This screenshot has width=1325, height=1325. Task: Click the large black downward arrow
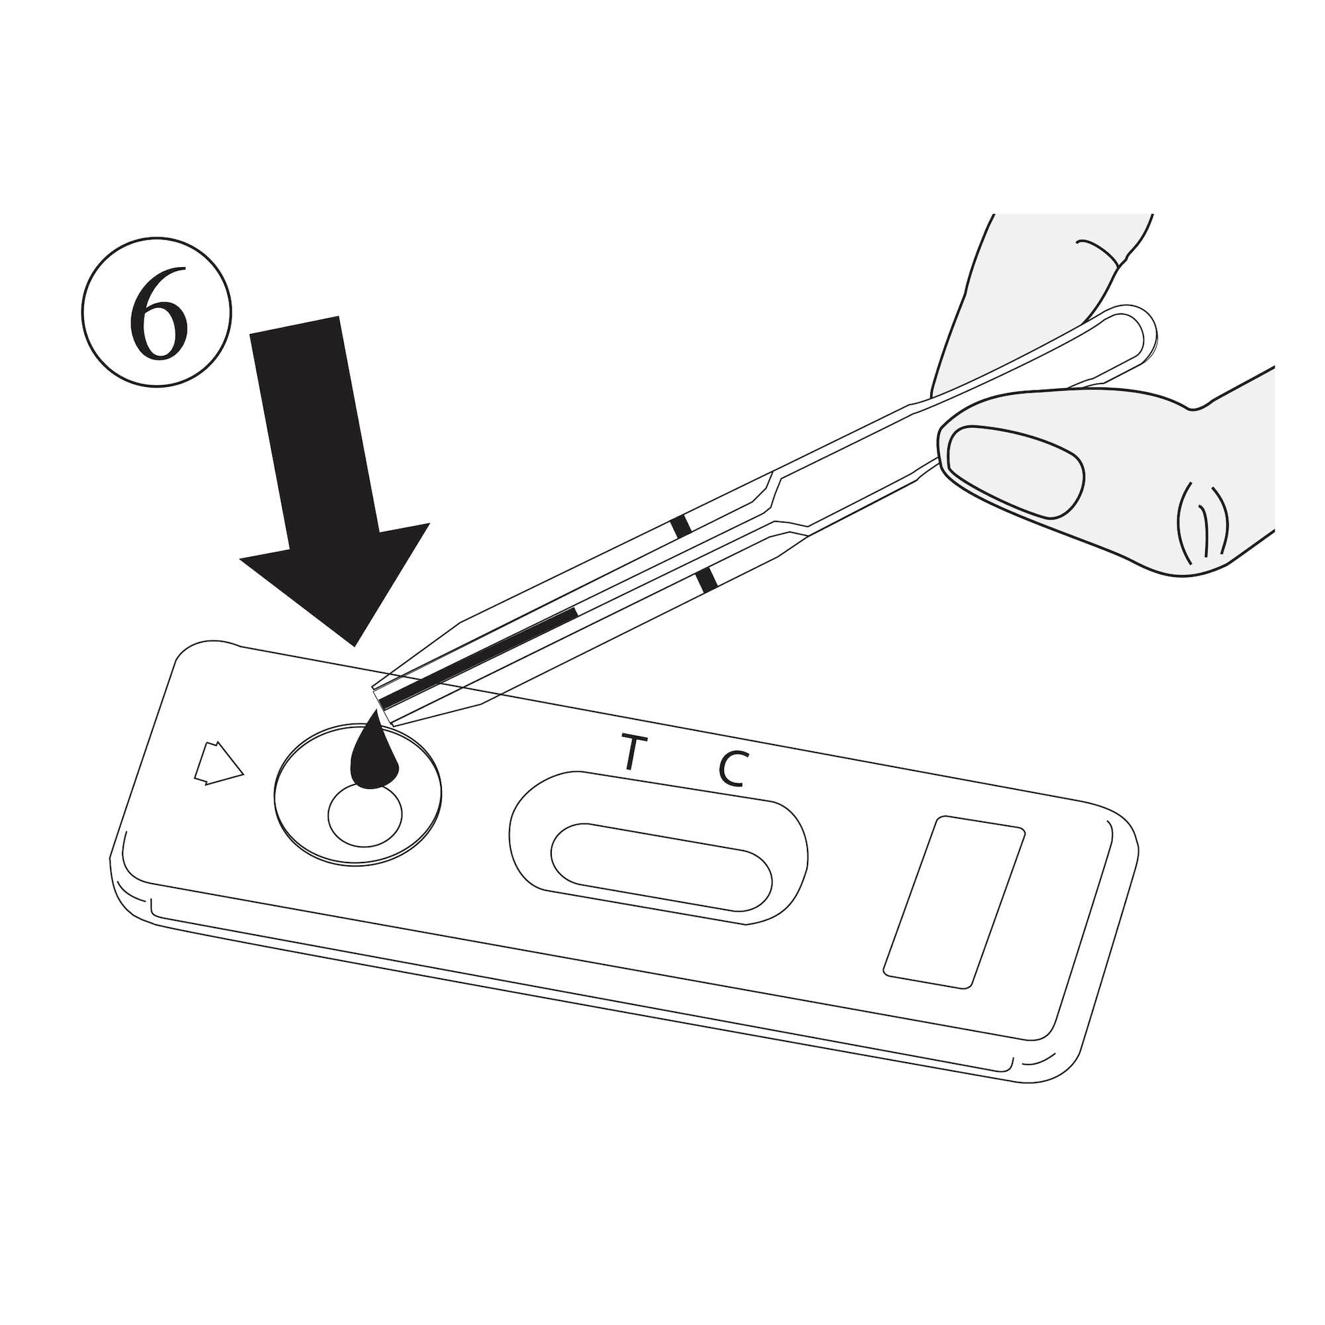[323, 466]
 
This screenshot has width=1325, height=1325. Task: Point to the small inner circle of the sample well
[365, 815]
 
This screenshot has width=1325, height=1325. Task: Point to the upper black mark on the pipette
[682, 527]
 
